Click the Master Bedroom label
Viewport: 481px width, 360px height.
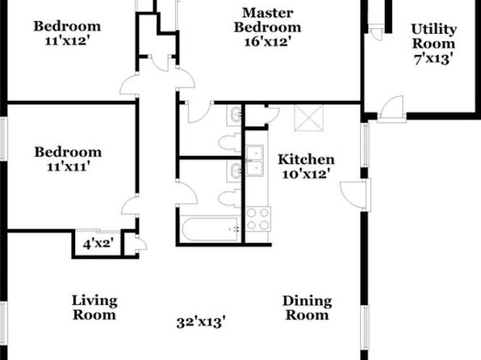(267, 20)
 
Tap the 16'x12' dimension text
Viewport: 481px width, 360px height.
(267, 41)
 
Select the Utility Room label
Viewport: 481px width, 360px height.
(433, 36)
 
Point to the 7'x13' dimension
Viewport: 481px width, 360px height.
(433, 58)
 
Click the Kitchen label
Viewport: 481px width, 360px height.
(306, 160)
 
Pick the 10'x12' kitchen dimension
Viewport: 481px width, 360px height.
(306, 174)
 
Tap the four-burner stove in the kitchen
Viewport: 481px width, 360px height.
(258, 219)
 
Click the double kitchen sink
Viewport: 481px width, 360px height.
(254, 161)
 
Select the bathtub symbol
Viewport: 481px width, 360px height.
(210, 228)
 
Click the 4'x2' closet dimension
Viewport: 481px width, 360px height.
(98, 244)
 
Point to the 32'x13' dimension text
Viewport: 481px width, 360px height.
(201, 322)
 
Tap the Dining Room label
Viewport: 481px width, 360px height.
(307, 308)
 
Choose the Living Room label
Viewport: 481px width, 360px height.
(94, 308)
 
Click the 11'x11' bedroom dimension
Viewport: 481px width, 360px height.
(68, 166)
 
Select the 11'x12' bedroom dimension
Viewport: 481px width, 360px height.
(67, 41)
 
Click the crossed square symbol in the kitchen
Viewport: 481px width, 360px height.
(308, 118)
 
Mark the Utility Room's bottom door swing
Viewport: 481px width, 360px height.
(391, 107)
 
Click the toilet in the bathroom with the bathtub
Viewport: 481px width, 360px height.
(230, 199)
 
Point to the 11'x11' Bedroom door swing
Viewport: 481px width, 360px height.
(129, 206)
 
